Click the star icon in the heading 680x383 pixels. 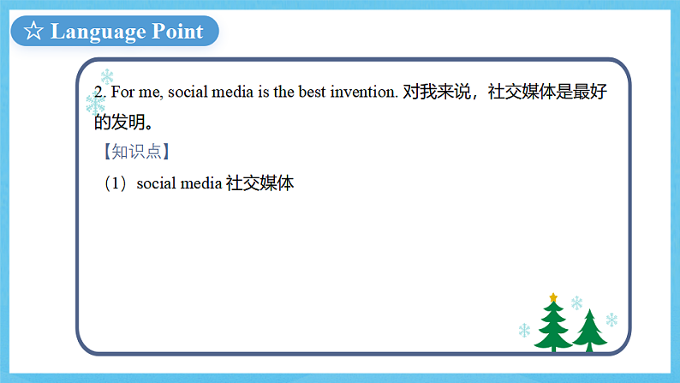pyautogui.click(x=33, y=32)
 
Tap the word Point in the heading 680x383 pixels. pyautogui.click(x=177, y=32)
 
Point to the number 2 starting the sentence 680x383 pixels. pyautogui.click(x=98, y=93)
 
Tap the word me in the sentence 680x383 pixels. pyautogui.click(x=152, y=93)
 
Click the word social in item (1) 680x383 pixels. pyautogui.click(x=156, y=183)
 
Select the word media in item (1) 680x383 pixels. pyautogui.click(x=200, y=183)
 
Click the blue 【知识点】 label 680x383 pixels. pyautogui.click(x=132, y=153)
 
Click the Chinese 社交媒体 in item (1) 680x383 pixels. pyautogui.click(x=260, y=183)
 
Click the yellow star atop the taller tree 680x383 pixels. pyautogui.click(x=553, y=297)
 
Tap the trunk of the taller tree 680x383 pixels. pyautogui.click(x=553, y=348)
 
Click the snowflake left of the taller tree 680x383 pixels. pyautogui.click(x=524, y=330)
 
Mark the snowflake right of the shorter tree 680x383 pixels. pyautogui.click(x=611, y=320)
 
